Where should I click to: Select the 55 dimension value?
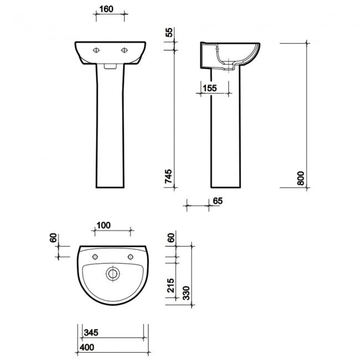point(169,33)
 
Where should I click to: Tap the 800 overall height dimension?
point(301,177)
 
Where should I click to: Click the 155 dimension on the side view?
point(209,88)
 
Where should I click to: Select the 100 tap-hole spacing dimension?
point(103,225)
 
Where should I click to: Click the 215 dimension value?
point(170,285)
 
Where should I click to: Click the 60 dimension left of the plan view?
point(53,238)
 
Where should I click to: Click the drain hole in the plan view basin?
point(113,274)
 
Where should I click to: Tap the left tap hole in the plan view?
point(95,256)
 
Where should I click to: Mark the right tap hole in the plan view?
point(131,256)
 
